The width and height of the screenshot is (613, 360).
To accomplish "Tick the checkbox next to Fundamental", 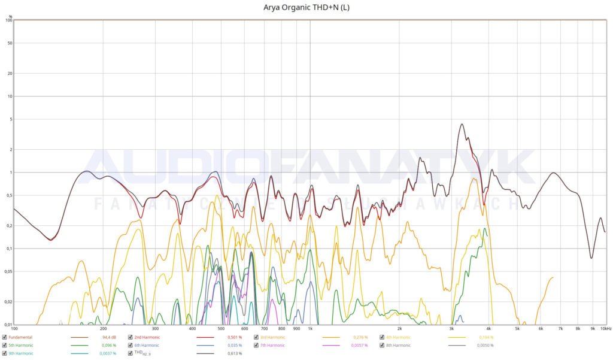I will coord(4,338).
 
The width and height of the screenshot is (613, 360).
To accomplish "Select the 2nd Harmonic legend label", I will coord(147,338).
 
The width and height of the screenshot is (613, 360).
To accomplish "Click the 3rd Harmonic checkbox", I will coord(256,338).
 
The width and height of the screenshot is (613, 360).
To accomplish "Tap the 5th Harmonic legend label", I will coord(21,346).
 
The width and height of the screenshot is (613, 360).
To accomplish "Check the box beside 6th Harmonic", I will coord(131,346).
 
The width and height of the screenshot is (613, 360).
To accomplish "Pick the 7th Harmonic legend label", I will coord(272,346).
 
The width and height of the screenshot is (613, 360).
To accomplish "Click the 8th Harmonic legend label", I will coord(398,346).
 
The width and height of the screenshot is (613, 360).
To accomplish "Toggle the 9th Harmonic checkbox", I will coord(4,353).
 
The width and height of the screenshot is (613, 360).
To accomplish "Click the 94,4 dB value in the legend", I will coord(108,338).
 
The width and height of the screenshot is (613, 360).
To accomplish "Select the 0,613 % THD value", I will coord(235,353).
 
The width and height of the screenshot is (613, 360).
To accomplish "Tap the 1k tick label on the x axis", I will coord(310,329).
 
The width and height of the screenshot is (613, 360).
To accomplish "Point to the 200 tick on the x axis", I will coord(104,329).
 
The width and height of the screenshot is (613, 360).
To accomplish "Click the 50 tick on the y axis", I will coord(9,43).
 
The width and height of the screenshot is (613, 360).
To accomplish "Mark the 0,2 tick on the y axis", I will coord(8,226).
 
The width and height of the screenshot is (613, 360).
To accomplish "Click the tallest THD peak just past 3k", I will coord(462,125).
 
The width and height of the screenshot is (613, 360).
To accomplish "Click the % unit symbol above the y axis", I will coord(10,16).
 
